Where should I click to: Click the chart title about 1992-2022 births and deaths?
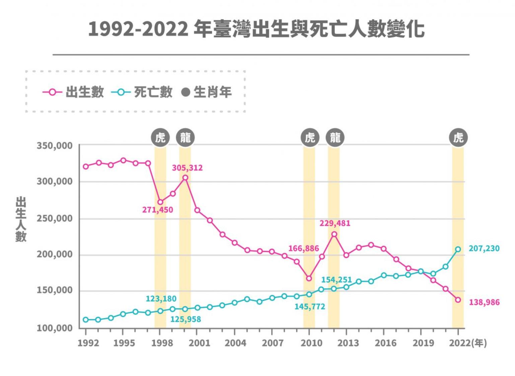(x=256, y=29)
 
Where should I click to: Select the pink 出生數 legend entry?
(x=74, y=92)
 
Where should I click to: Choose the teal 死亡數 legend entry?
(x=142, y=92)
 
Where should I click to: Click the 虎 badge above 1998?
(x=160, y=137)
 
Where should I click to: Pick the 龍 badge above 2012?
(x=335, y=137)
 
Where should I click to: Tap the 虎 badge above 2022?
(x=458, y=137)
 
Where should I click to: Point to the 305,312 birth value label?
(x=187, y=168)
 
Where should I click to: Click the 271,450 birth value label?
(x=157, y=210)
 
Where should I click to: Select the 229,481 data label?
(x=335, y=223)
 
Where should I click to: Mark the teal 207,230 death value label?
(x=484, y=249)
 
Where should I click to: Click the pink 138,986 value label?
(x=484, y=302)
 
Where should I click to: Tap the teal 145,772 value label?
(x=310, y=306)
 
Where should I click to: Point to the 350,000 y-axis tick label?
(x=54, y=146)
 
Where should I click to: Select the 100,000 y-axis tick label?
(x=54, y=328)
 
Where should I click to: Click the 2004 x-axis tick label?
(x=235, y=343)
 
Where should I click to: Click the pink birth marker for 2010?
(x=309, y=278)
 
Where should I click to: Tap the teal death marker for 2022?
(x=458, y=249)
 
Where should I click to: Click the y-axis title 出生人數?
(x=21, y=219)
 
